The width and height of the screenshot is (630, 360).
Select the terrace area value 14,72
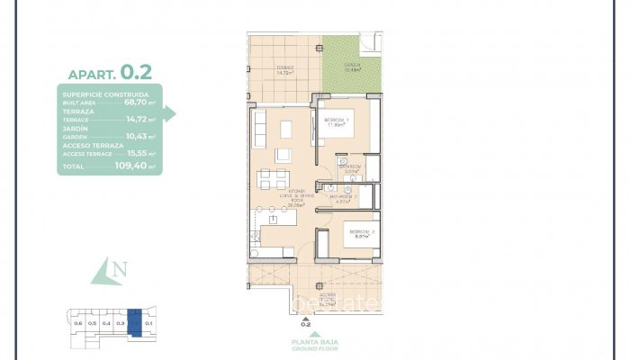pos(136,119)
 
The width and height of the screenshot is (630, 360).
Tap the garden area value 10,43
pos(136,136)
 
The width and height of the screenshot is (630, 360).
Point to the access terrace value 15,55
pos(136,152)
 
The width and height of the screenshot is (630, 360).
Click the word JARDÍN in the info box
pos(75,128)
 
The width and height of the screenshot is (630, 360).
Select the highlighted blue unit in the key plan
pos(134,321)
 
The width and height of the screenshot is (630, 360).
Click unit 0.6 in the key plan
pos(77,322)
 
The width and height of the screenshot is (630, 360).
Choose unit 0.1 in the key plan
pos(149,322)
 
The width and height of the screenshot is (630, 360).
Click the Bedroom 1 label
pos(337,120)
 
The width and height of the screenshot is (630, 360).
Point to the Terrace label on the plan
pos(285,68)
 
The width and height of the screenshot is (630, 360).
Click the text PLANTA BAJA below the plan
pos(307,341)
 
